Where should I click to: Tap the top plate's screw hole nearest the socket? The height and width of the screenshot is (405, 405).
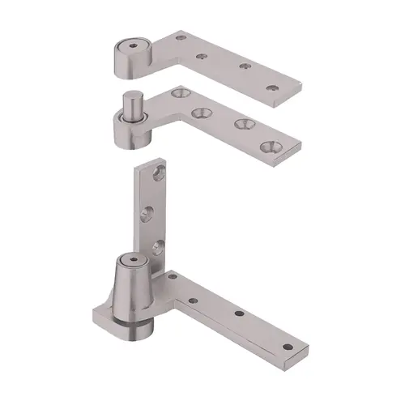tap(181, 37)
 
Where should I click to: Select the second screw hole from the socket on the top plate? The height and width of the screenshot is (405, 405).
tap(202, 57)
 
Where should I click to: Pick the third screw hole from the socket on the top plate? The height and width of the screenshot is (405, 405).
tap(240, 70)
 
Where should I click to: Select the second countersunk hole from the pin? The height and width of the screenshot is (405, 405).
tap(199, 112)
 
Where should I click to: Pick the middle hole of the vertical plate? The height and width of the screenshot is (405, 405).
tap(146, 213)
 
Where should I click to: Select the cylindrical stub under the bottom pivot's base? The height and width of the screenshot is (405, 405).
tap(130, 330)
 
